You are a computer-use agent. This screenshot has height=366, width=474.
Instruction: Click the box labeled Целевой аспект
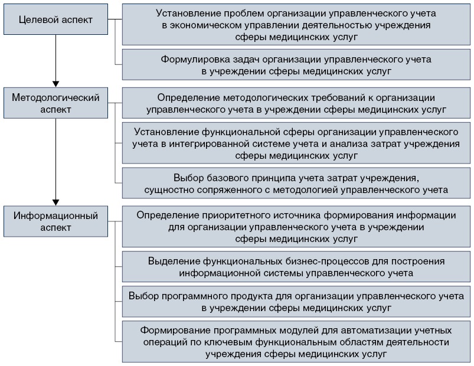click(x=56, y=19)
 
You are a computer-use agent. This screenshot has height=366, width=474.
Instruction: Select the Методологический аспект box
click(x=56, y=104)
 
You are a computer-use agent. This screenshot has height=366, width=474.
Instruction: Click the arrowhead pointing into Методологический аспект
click(x=55, y=83)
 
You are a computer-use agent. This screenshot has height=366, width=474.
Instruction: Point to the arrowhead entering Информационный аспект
click(x=55, y=198)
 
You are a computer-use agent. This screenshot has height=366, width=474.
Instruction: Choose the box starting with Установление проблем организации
click(x=296, y=24)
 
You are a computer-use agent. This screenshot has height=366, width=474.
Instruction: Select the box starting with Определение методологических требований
click(x=296, y=103)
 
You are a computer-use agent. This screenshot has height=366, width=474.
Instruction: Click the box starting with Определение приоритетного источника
click(x=296, y=226)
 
